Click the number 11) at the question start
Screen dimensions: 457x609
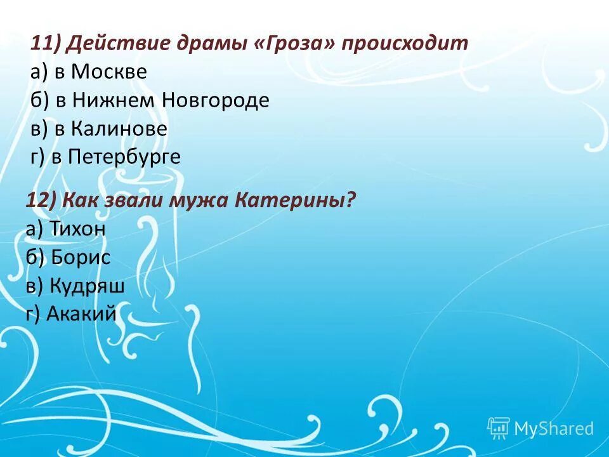pyautogui.click(x=44, y=44)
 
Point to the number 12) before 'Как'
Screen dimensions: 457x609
pyautogui.click(x=41, y=201)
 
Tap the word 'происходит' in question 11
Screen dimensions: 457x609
pyautogui.click(x=405, y=44)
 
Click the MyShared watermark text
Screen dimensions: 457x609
pyautogui.click(x=553, y=428)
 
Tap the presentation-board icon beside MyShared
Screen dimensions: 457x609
pyautogui.click(x=499, y=428)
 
